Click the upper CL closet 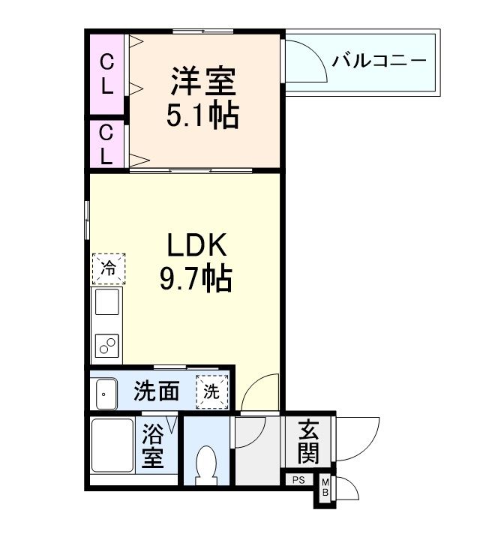(107, 73)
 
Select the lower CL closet (107, 145)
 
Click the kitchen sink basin (106, 304)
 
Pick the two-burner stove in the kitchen (106, 345)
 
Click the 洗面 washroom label (157, 391)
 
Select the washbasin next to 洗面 (105, 391)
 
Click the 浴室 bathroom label (154, 447)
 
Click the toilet (205, 460)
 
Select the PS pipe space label (298, 480)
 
